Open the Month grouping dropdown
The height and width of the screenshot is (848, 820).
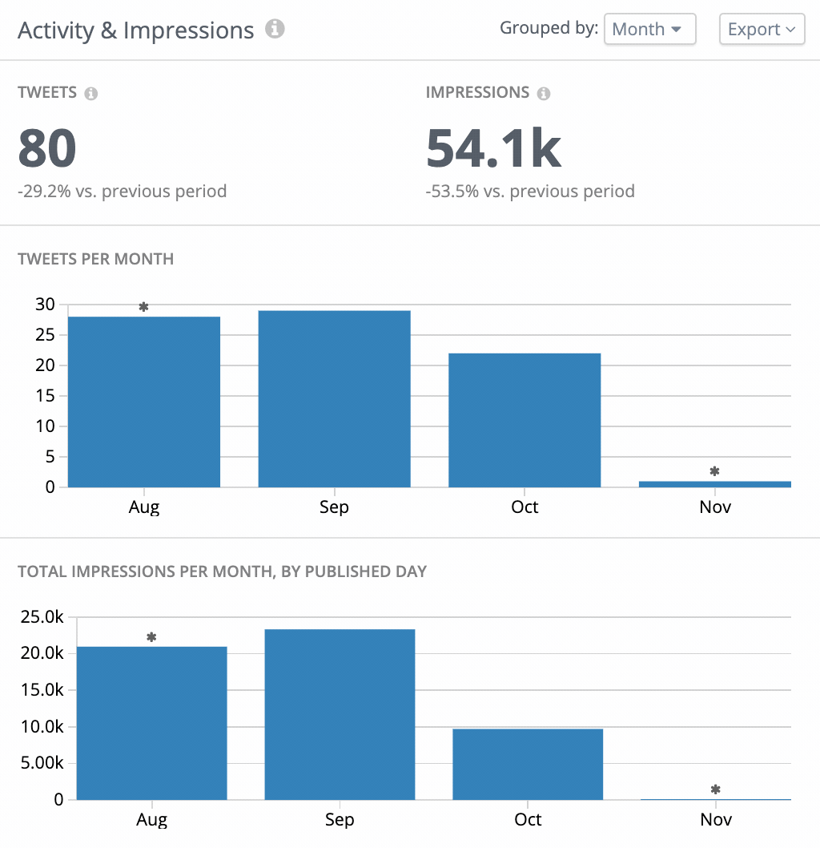[x=649, y=30]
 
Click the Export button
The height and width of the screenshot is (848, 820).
[x=762, y=30]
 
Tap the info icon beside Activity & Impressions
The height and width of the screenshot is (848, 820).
[x=275, y=30]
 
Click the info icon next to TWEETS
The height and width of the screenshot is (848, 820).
[x=91, y=94]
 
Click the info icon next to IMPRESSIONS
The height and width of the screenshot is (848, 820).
[x=544, y=94]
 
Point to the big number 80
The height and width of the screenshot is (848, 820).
[x=47, y=148]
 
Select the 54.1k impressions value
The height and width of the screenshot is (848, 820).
[x=493, y=148]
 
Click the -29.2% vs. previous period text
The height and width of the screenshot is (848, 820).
[x=123, y=192]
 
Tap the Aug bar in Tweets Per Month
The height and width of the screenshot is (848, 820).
[x=144, y=402]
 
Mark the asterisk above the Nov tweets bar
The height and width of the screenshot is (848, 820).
[x=715, y=471]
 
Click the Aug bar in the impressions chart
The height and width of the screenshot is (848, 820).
[x=151, y=722]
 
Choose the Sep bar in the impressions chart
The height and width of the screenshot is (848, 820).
[x=340, y=714]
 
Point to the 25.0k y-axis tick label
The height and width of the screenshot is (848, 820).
[x=42, y=617]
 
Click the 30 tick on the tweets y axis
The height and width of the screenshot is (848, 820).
[x=45, y=305]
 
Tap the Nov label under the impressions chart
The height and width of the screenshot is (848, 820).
[x=716, y=819]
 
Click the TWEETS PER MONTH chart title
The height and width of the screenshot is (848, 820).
[x=95, y=259]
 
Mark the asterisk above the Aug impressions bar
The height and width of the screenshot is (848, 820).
[x=151, y=637]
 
